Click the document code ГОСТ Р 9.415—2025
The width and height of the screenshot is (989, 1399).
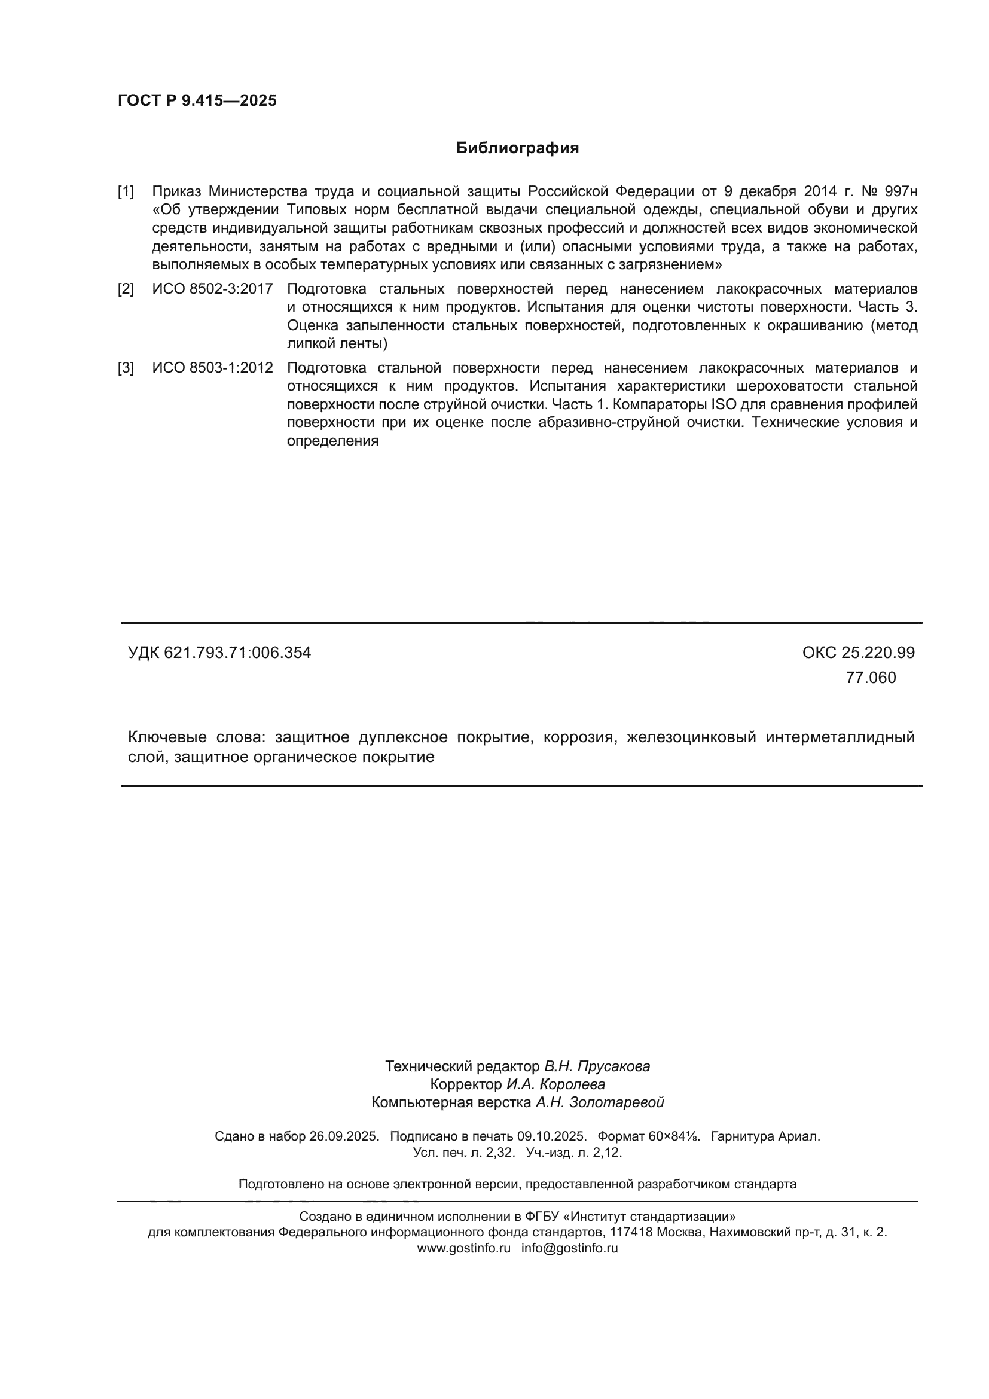click(x=197, y=100)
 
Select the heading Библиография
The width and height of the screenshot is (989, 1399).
click(x=517, y=148)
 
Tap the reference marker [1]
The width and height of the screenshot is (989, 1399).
click(x=126, y=192)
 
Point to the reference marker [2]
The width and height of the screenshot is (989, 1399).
click(x=126, y=289)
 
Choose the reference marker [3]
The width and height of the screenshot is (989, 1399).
click(x=126, y=368)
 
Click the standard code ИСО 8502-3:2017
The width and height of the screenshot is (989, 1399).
click(x=212, y=289)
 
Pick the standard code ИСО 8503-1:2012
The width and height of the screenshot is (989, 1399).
click(x=212, y=368)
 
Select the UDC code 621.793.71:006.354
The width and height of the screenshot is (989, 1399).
click(x=237, y=653)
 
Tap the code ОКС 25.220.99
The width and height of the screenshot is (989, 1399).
click(x=858, y=653)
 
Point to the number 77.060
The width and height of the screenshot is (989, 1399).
click(x=870, y=678)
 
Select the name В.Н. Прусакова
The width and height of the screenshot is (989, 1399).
click(x=597, y=1066)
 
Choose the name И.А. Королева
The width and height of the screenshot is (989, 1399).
click(x=555, y=1084)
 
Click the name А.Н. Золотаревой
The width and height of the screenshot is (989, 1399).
click(x=599, y=1102)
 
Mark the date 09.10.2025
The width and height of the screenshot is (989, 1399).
click(x=552, y=1136)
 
